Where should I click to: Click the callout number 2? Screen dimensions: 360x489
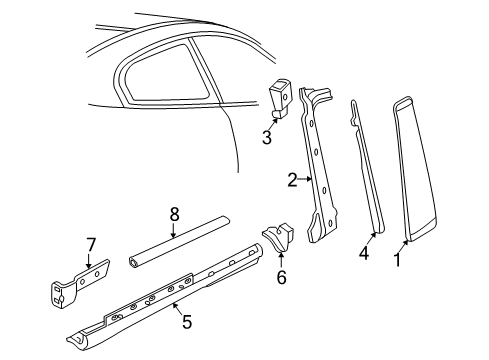click(x=292, y=180)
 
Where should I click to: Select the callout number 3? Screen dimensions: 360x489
click(x=267, y=138)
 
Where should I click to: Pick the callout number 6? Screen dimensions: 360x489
click(x=281, y=277)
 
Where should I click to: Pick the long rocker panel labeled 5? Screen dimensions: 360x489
click(x=170, y=300)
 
